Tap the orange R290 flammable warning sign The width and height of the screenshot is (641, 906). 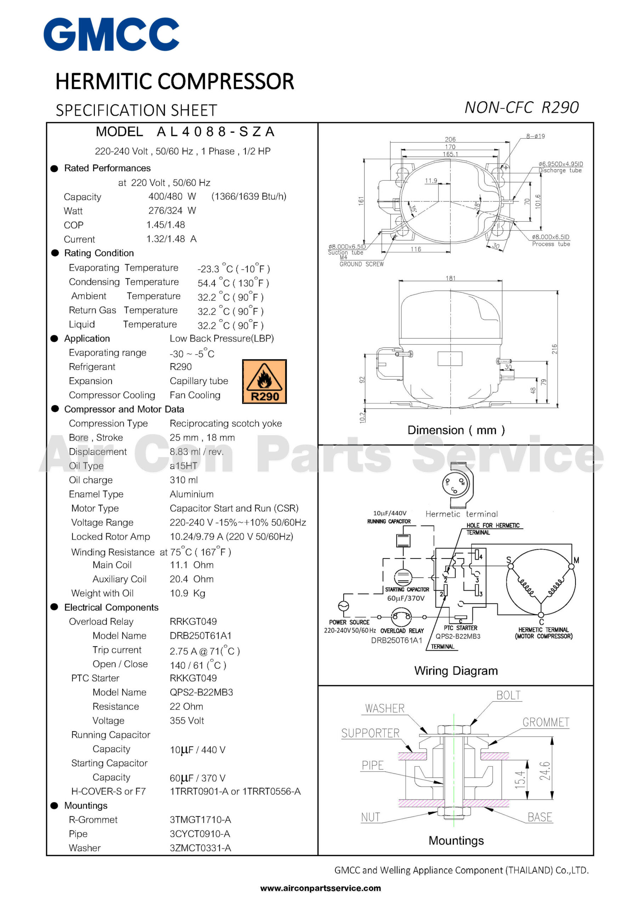264,381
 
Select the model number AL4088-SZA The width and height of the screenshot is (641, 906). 215,131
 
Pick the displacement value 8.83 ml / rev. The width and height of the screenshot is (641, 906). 196,452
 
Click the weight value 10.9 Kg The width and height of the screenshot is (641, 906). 187,593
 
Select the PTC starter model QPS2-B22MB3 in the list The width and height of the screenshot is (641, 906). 202,692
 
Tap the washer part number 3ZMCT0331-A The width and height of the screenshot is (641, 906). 200,848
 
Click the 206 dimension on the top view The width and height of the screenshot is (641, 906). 450,139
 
